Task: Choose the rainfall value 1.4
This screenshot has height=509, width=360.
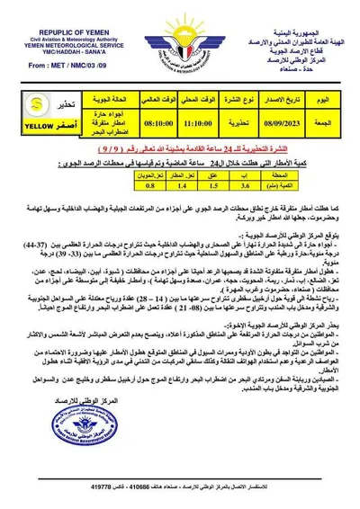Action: [x=183, y=189]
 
